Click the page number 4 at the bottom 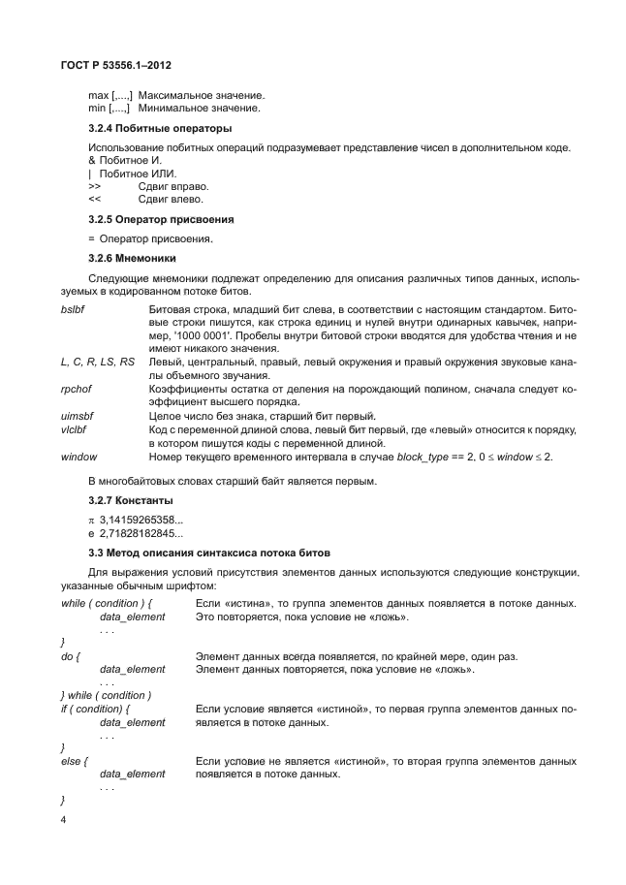coord(64,820)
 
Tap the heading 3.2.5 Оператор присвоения coord(161,220)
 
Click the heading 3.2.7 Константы coord(131,500)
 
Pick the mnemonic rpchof coord(76,388)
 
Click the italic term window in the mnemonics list coord(78,456)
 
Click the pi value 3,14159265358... coord(141,521)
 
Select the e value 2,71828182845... coord(141,534)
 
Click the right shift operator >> coord(94,185)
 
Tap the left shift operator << coord(94,199)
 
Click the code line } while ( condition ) coord(106,696)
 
